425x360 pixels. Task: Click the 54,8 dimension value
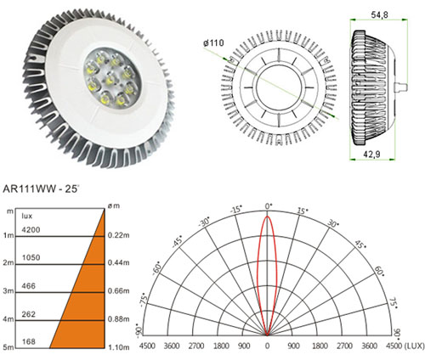click(379, 14)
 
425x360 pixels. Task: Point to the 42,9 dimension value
click(371, 155)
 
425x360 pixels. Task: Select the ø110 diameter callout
click(213, 43)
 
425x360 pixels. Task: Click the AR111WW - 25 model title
click(40, 189)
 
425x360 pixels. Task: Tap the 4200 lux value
click(31, 230)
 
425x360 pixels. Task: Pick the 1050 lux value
click(31, 258)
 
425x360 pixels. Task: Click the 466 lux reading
click(29, 286)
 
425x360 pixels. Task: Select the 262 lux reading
click(29, 314)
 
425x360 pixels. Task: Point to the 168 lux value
click(29, 342)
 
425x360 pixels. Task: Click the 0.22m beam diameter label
click(118, 235)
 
